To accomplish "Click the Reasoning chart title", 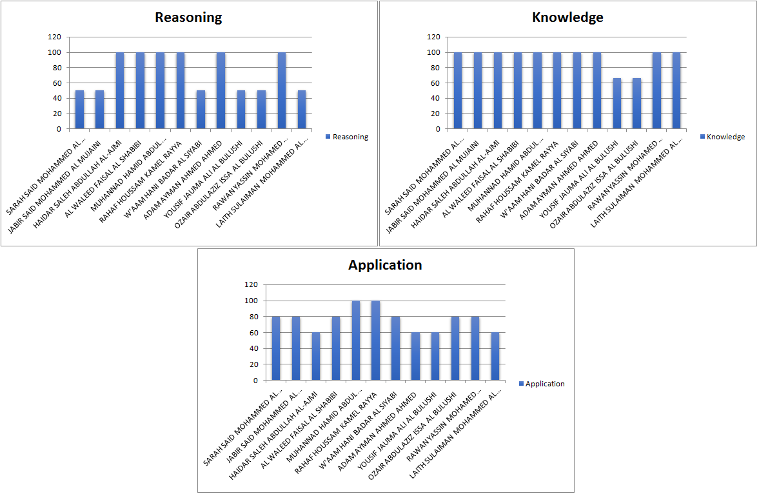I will (188, 17).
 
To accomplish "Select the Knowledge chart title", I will (567, 17).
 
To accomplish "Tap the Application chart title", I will (385, 265).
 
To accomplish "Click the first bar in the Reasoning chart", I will (80, 110).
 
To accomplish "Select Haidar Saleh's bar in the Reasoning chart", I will (120, 90).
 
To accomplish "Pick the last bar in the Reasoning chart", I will (302, 110).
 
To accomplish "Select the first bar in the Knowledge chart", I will (458, 90).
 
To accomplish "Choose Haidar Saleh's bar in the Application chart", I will (316, 356).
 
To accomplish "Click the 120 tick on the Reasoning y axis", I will (54, 37).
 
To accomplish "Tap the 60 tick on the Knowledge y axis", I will (435, 83).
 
